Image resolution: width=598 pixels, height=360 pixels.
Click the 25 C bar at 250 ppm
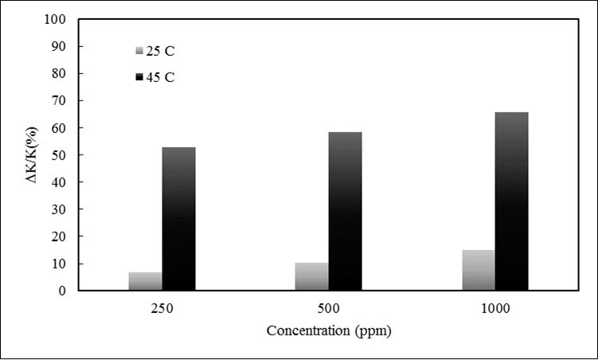tap(145, 281)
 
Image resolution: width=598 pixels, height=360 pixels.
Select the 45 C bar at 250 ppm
tap(178, 218)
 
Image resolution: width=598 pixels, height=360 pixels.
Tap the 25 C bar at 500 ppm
tap(311, 276)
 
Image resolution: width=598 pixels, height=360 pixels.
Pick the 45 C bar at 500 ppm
tap(345, 211)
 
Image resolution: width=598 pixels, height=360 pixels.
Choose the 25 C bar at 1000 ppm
tap(478, 270)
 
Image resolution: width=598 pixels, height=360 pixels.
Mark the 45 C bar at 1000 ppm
tap(511, 201)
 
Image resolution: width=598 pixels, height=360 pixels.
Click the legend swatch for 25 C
tap(140, 51)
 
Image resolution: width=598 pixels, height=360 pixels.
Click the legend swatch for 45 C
tap(140, 77)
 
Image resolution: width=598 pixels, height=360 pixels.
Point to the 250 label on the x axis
tap(162, 308)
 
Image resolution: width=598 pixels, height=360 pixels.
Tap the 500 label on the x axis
tap(328, 308)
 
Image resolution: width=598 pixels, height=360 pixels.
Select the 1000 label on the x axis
tap(494, 308)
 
